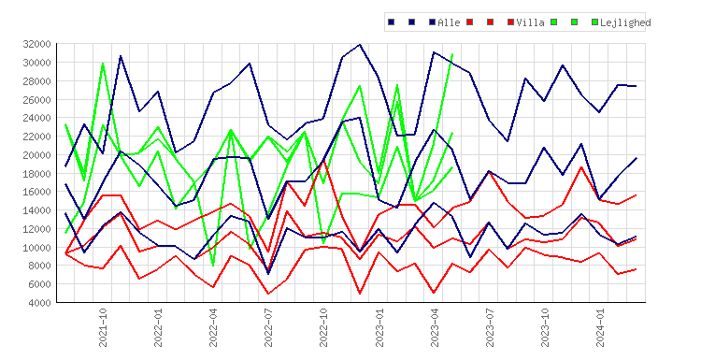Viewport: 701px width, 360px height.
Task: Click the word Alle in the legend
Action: (x=449, y=22)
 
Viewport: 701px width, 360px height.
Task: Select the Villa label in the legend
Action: (x=530, y=22)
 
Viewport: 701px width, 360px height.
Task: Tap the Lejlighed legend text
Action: (x=625, y=22)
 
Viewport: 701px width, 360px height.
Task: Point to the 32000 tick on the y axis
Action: (x=36, y=44)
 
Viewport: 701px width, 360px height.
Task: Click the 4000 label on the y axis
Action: (x=39, y=303)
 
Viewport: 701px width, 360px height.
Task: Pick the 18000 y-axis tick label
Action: (x=36, y=174)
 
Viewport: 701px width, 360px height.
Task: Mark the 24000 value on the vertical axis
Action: (x=36, y=118)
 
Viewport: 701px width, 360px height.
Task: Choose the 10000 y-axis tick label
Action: (x=36, y=247)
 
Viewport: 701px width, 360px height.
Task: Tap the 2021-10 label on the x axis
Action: (x=103, y=327)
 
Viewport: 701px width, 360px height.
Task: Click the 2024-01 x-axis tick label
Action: (x=600, y=327)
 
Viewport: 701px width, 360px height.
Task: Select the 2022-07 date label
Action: (x=268, y=327)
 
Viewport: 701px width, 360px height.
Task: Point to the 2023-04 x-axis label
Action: (x=435, y=327)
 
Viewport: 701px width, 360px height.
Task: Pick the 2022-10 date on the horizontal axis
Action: (x=323, y=327)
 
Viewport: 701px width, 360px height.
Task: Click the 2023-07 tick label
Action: (x=490, y=327)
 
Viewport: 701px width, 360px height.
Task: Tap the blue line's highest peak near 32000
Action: (x=360, y=44)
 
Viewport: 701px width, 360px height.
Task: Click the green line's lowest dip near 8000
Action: (x=213, y=266)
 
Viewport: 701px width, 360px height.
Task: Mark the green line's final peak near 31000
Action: (x=452, y=54)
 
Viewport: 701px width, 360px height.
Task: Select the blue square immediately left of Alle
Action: (x=433, y=22)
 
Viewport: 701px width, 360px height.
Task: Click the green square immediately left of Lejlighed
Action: (x=594, y=22)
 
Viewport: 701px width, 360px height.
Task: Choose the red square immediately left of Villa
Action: (x=511, y=22)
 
